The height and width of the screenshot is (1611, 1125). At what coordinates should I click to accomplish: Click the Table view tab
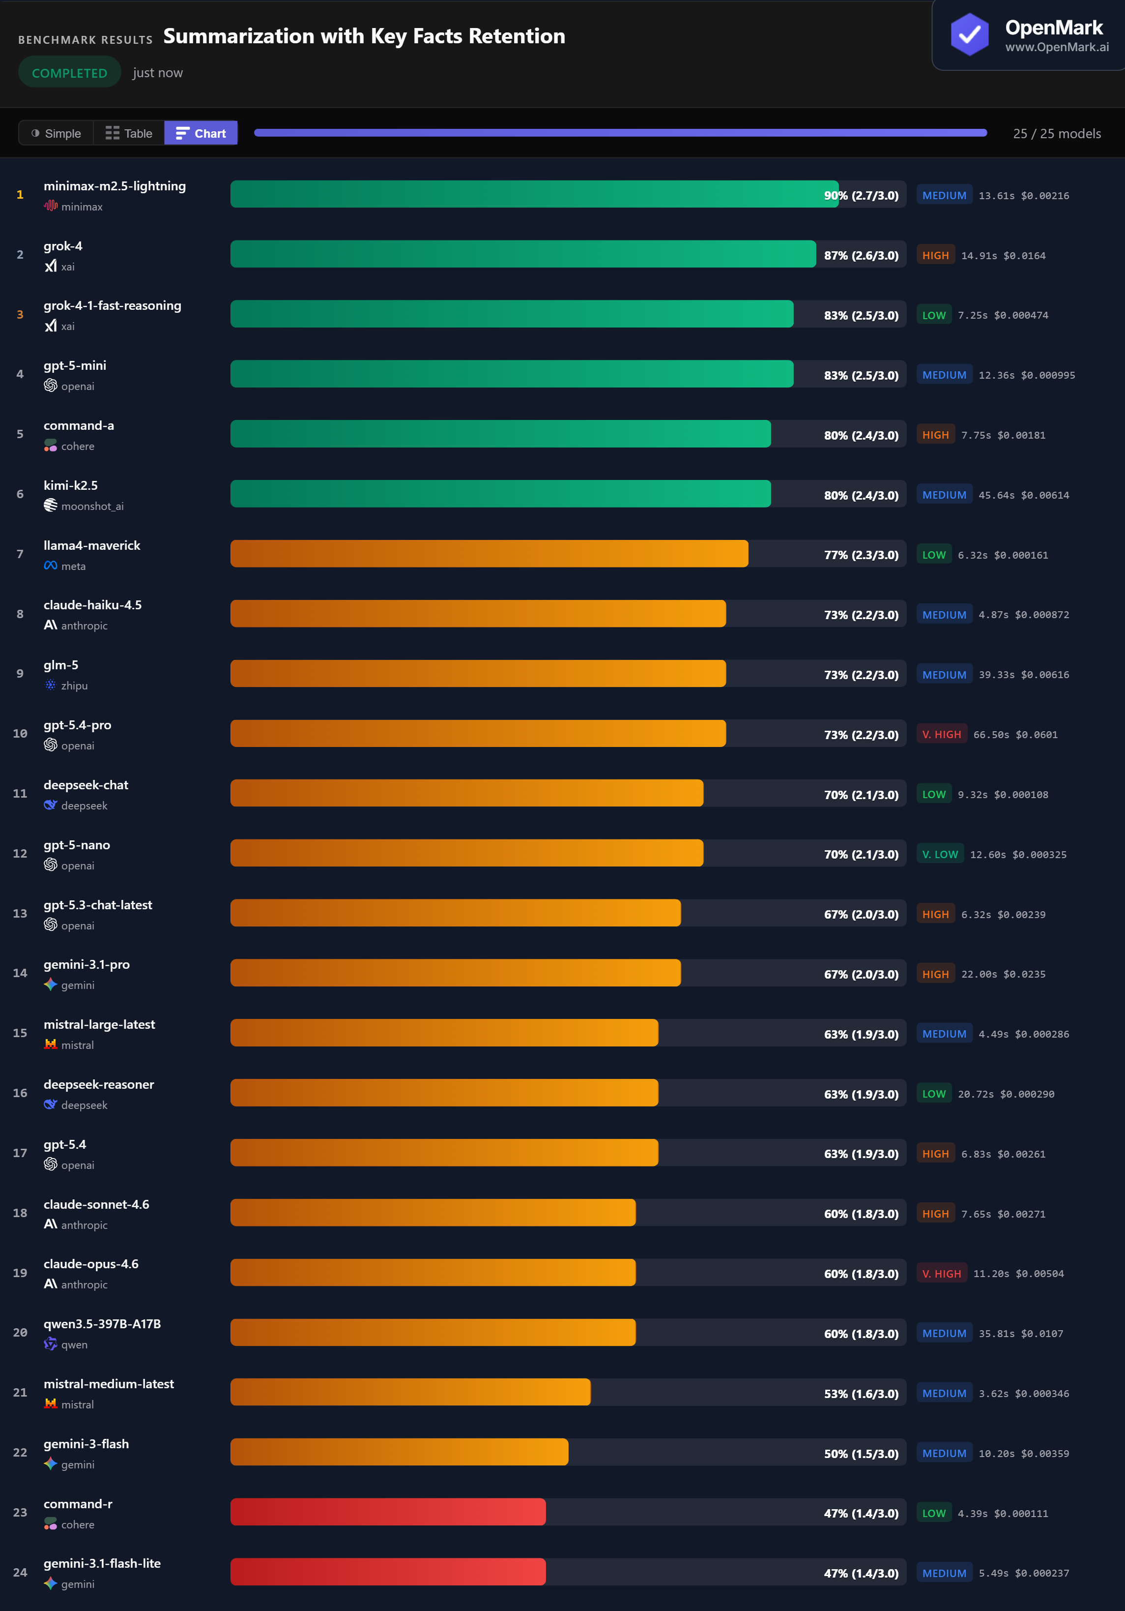pos(129,133)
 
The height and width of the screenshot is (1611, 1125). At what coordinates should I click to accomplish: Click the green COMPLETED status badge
pos(69,73)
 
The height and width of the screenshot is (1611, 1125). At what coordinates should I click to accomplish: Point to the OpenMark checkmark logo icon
pos(969,33)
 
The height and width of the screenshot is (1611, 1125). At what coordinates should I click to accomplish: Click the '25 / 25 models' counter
pos(1056,133)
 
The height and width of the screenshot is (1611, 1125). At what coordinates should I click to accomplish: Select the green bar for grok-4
pos(522,255)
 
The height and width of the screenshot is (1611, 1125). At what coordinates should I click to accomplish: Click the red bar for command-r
pos(388,1512)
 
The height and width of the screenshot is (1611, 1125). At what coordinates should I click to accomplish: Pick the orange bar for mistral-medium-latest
pos(410,1392)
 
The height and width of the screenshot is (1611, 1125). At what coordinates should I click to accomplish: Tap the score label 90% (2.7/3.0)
pos(861,196)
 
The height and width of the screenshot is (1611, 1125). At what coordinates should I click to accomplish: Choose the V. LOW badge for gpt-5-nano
pos(940,854)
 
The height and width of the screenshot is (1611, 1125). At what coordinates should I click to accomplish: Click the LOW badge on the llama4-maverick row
pos(933,555)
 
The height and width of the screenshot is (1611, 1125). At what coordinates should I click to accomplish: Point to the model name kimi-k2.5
pos(71,485)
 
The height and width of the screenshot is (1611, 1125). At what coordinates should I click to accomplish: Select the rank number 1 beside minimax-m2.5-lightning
pos(20,195)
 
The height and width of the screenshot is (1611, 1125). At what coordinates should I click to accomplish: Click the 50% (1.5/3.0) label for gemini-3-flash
pos(861,1454)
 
